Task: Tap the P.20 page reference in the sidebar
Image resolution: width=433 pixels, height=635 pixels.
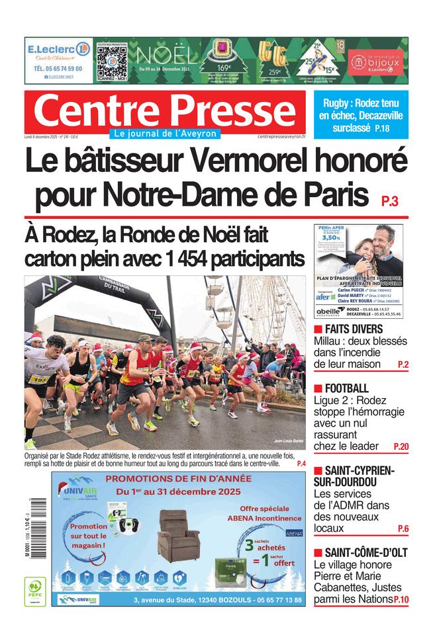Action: (401, 447)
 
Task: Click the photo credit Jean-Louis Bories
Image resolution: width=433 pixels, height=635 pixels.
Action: (288, 441)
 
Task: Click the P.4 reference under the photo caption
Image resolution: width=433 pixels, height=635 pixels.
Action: (301, 464)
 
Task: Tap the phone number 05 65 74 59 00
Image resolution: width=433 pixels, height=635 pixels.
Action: (58, 68)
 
